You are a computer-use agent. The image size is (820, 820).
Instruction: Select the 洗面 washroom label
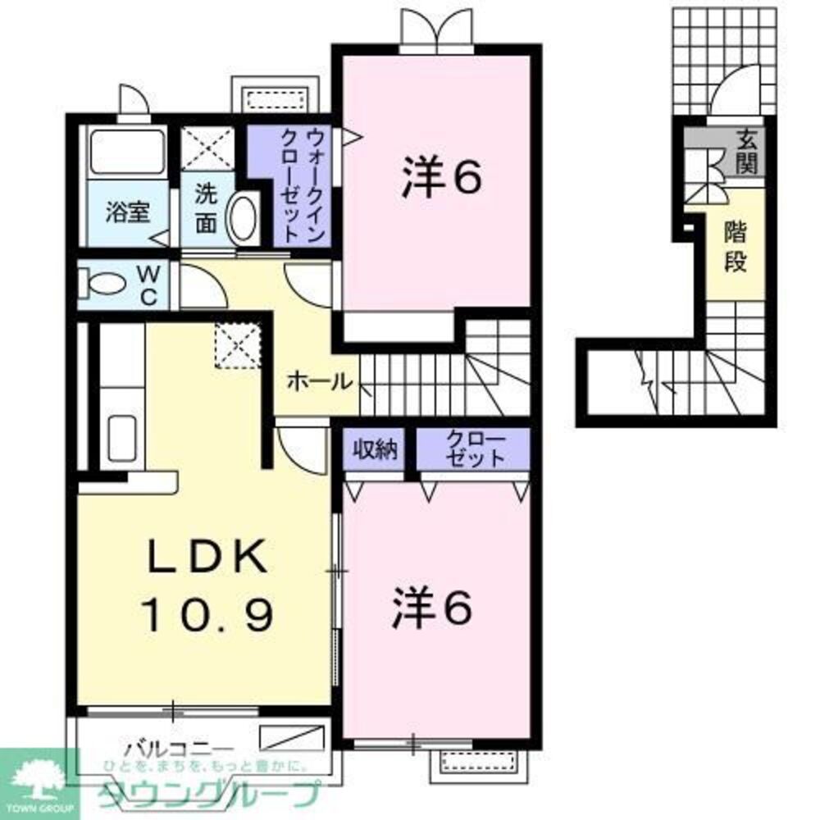point(207,208)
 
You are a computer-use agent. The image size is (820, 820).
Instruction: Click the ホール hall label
point(320,381)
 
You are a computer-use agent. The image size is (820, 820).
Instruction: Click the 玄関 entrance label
point(745,152)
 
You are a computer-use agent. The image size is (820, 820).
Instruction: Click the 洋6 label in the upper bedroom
point(440,179)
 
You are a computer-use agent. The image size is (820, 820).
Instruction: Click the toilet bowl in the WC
point(105,285)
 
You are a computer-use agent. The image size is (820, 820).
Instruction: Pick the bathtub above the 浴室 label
point(127,152)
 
